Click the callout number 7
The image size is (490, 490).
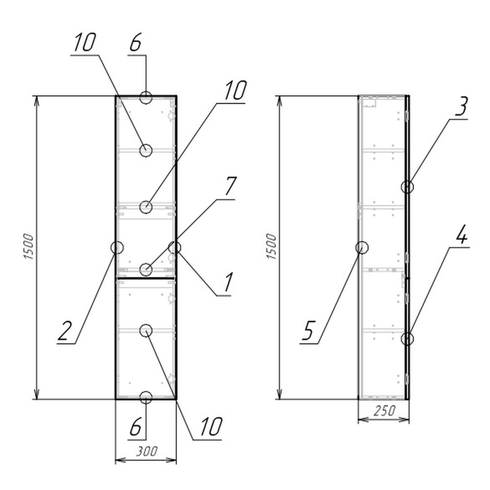point(230,187)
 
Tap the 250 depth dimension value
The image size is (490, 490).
point(384,412)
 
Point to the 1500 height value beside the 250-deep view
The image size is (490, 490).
point(272,247)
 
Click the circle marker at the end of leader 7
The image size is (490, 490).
point(146,269)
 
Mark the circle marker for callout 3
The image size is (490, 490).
point(408,187)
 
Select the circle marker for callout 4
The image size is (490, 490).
point(408,338)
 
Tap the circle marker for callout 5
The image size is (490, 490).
point(362,247)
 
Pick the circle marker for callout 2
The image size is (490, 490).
point(117,247)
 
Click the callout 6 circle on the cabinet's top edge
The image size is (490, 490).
point(146,97)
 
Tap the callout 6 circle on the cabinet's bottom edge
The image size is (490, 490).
point(146,397)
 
